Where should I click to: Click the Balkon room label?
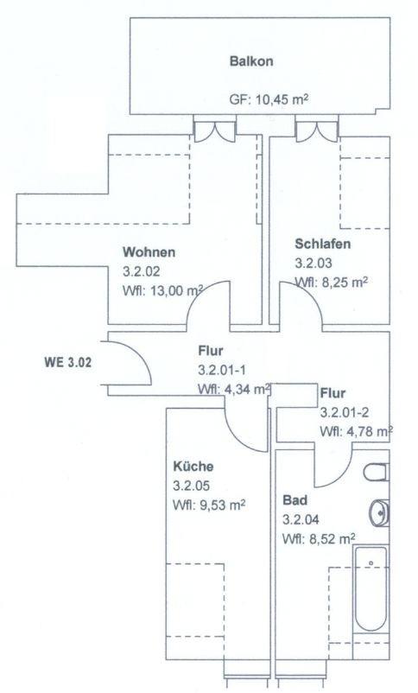click(251, 61)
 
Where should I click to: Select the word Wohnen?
click(149, 252)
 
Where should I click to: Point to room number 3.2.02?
click(141, 271)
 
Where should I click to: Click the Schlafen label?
click(322, 244)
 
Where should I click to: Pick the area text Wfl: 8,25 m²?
click(331, 282)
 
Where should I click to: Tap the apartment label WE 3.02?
click(68, 362)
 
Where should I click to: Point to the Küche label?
click(193, 467)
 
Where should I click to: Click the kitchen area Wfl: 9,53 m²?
click(209, 505)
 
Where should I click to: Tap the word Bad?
click(294, 500)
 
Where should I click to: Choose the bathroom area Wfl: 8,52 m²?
click(319, 538)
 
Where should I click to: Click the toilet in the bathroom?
click(377, 472)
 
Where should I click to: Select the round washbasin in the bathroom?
click(379, 513)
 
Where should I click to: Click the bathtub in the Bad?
click(371, 588)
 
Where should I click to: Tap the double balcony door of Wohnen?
click(215, 131)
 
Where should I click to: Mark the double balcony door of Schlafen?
click(316, 131)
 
